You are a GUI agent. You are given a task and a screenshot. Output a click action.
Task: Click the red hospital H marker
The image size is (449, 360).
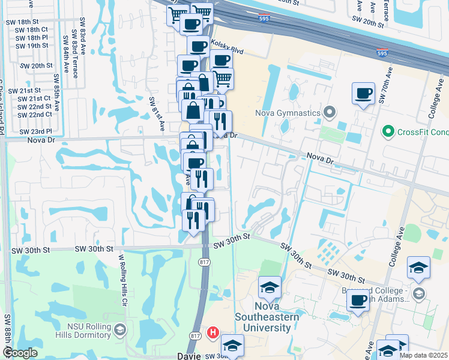(212, 332)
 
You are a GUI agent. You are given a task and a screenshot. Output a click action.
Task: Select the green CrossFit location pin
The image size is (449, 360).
(388, 131)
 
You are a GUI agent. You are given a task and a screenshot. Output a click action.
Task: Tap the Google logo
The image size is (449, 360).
(20, 353)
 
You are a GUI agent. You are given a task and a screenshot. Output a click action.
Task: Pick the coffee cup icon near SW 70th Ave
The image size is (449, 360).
(363, 94)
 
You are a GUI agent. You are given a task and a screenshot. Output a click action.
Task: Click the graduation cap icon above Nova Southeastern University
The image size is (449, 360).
(270, 287)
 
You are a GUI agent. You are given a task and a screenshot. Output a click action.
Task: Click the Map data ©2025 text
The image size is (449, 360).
(424, 355)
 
